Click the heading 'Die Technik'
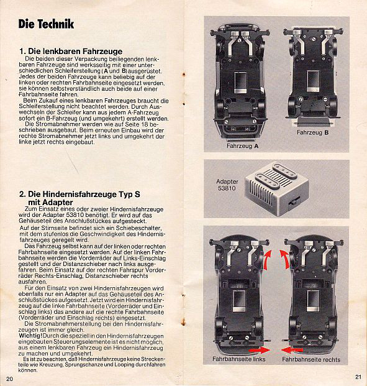[46, 24]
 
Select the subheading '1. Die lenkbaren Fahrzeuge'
[71, 51]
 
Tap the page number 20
[9, 379]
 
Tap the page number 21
[358, 377]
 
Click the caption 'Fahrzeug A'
[242, 146]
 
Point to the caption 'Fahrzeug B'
[312, 132]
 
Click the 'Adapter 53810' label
[227, 185]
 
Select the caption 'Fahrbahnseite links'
[239, 359]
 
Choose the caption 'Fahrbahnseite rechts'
[311, 359]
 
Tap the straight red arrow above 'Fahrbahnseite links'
[259, 350]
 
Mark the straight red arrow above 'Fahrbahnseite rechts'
[292, 350]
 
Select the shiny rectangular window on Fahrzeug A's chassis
[240, 83]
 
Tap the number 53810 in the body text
[75, 215]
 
